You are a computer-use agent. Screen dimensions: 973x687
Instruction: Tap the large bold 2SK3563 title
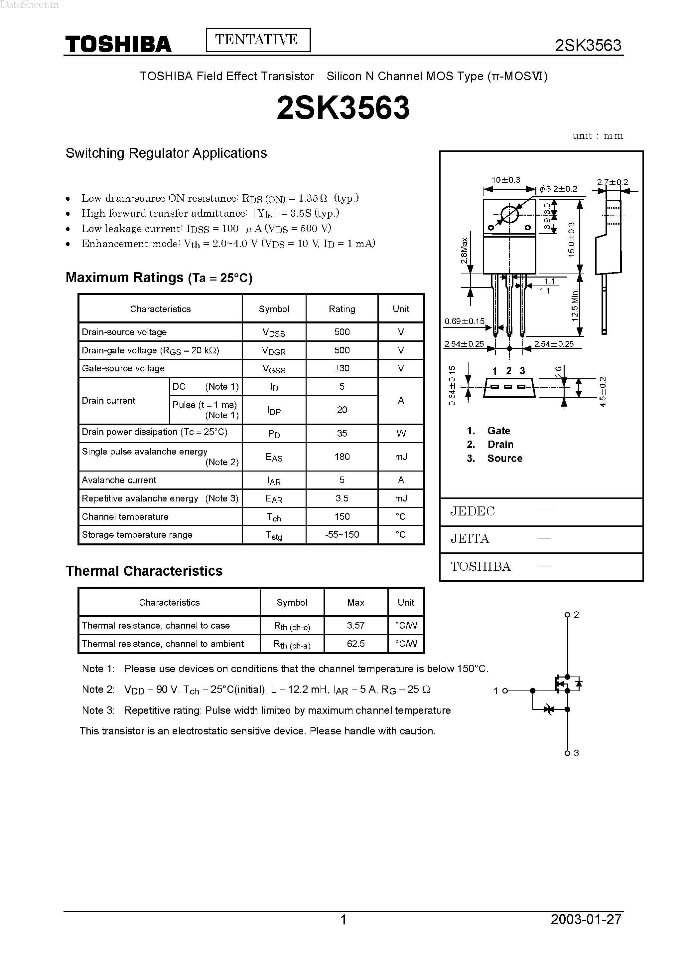point(343,107)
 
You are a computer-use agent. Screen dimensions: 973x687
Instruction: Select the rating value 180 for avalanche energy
point(342,457)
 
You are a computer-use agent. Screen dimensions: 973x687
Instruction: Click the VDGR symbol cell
point(274,350)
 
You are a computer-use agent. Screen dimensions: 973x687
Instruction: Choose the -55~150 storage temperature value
point(342,535)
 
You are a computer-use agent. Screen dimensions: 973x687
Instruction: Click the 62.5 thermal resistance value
point(355,644)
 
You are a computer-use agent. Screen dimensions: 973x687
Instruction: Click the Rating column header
point(342,309)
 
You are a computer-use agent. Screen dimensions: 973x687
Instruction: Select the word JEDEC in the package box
point(472,511)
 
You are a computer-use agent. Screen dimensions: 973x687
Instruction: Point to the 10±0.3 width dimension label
point(506,180)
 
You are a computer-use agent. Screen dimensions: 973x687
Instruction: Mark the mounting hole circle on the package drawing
point(509,214)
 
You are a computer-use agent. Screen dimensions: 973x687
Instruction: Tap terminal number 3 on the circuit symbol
point(576,753)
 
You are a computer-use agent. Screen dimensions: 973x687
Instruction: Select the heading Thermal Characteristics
point(144,571)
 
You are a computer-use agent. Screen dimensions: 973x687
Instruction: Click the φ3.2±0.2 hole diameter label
point(559,189)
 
